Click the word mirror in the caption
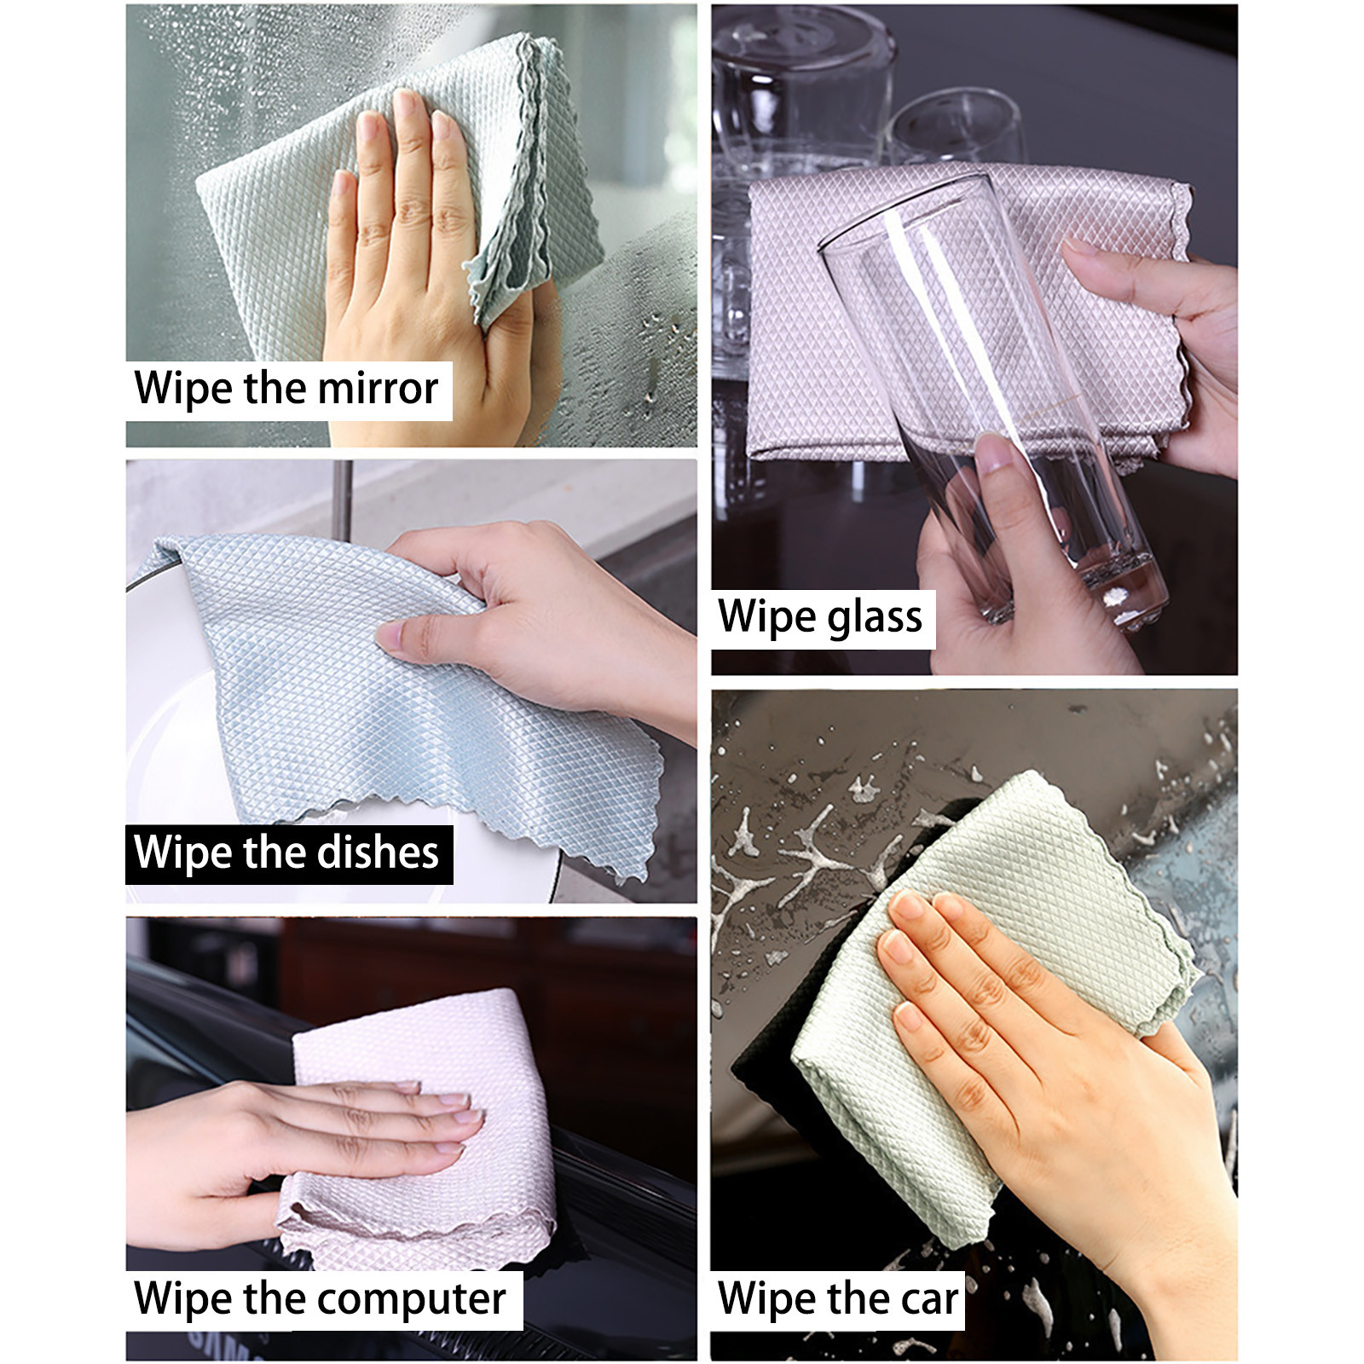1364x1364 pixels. click(x=378, y=389)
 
